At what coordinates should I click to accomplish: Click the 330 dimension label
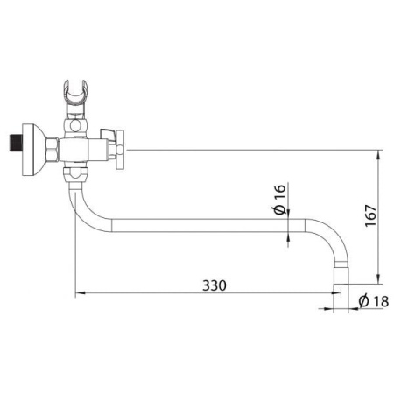215,285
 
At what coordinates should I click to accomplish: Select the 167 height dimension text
370,215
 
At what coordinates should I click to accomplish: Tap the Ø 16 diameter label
279,200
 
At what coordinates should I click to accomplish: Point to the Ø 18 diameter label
374,301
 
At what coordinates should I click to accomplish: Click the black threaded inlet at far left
16,143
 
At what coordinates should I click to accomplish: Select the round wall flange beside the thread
33,150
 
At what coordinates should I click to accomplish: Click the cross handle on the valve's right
120,150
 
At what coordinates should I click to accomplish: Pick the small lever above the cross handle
108,133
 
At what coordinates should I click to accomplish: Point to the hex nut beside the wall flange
53,150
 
